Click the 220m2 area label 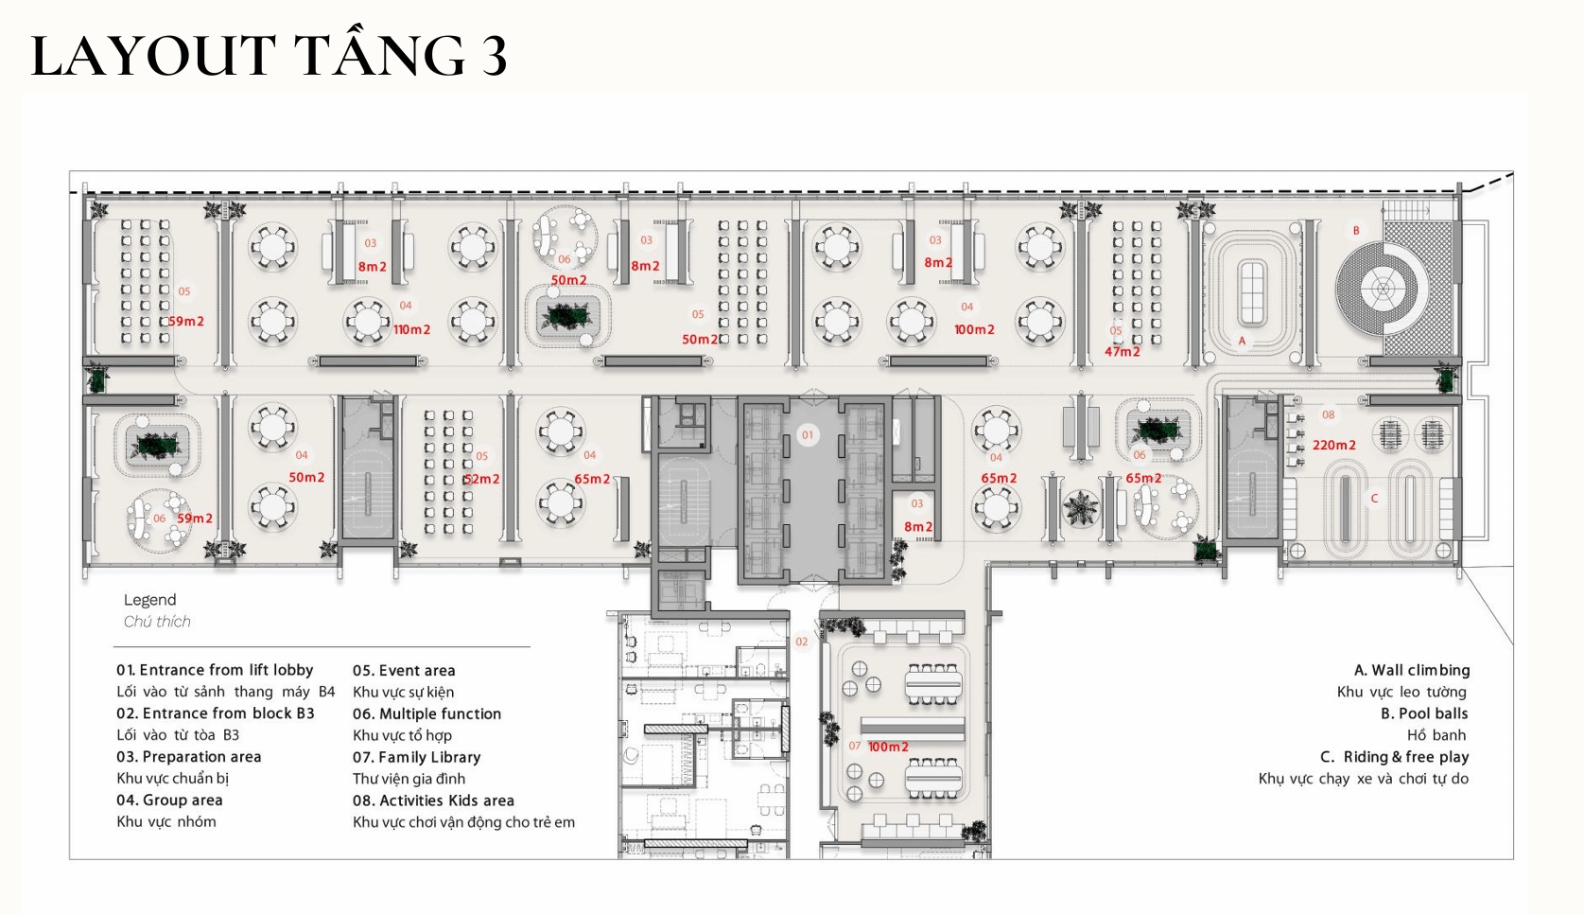tap(1334, 445)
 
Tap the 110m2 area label tap(411, 330)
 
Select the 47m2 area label tap(1123, 352)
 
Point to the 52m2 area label tap(481, 479)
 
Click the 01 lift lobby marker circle tap(808, 435)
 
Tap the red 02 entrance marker tap(801, 642)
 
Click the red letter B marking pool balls tap(1356, 230)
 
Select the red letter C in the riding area tap(1375, 499)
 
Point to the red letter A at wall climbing tap(1242, 341)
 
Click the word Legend tap(150, 600)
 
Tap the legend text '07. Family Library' tap(416, 757)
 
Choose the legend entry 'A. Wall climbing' tap(1412, 670)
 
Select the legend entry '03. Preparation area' tap(189, 756)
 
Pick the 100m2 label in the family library tap(888, 747)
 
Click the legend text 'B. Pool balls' tap(1424, 713)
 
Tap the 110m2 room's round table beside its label tap(368, 322)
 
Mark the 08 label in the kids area tap(1328, 414)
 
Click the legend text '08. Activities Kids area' tap(433, 801)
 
